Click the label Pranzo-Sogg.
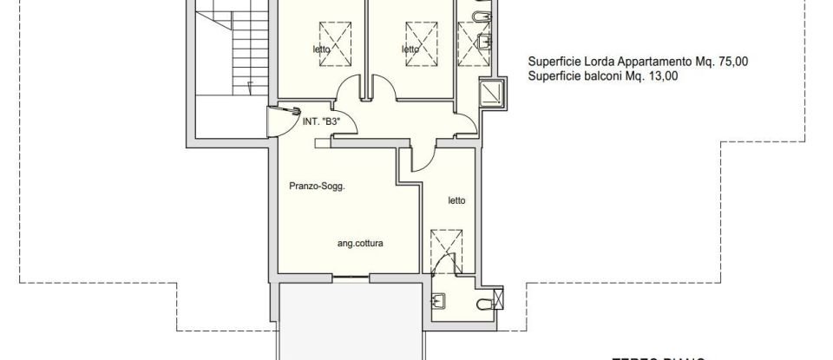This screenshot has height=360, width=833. [x=318, y=186]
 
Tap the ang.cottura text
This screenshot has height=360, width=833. [x=360, y=244]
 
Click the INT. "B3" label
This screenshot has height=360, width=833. [x=320, y=123]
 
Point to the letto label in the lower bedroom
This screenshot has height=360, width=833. [x=456, y=201]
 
